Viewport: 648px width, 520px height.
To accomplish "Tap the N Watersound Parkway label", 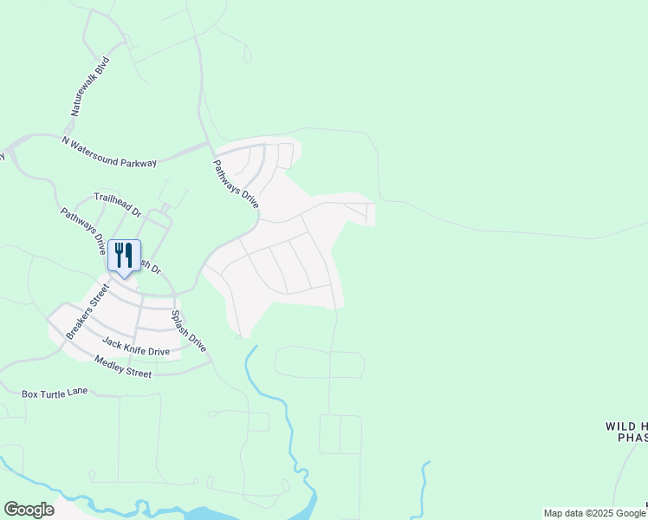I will tap(109, 151).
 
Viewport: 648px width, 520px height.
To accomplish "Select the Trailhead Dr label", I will tap(117, 205).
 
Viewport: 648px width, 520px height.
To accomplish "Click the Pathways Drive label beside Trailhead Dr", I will tap(83, 230).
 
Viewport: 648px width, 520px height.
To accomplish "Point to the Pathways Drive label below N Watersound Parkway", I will tap(237, 183).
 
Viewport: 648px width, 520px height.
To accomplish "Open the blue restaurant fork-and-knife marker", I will tap(124, 257).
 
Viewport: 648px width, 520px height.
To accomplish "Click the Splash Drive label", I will tap(188, 330).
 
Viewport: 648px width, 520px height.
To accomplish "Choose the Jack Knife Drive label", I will tap(136, 346).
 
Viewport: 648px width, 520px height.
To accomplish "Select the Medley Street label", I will tap(123, 367).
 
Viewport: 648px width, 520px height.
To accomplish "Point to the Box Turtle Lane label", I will tap(55, 393).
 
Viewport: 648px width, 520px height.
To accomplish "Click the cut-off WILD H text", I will tap(625, 426).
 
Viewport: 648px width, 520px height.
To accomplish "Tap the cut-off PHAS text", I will tap(632, 439).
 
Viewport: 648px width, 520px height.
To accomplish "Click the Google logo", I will tap(29, 510).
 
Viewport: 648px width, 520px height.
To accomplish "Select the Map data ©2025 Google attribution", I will tap(594, 513).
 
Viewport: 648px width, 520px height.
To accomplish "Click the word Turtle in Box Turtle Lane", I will tap(54, 393).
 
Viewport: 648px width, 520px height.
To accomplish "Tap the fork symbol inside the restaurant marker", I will tap(119, 254).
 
